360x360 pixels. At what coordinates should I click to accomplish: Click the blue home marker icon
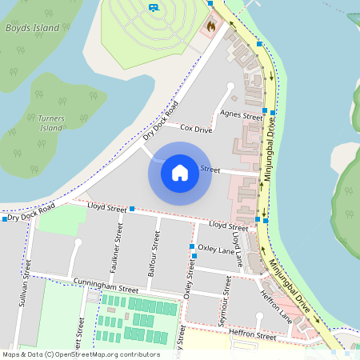pyautogui.click(x=180, y=173)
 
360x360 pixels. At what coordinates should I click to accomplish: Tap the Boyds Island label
pyautogui.click(x=33, y=27)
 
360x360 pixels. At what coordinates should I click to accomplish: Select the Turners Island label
pyautogui.click(x=50, y=122)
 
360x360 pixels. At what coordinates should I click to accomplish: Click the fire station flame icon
pyautogui.click(x=211, y=26)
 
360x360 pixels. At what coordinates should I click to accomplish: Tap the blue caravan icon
pyautogui.click(x=153, y=7)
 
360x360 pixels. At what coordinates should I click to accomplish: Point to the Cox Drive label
pyautogui.click(x=196, y=128)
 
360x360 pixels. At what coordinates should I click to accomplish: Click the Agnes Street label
pyautogui.click(x=241, y=116)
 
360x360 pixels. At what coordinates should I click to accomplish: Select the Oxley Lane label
pyautogui.click(x=217, y=249)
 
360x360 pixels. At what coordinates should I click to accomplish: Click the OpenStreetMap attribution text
pyautogui.click(x=80, y=354)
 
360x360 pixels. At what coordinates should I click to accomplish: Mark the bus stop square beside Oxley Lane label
pyautogui.click(x=192, y=246)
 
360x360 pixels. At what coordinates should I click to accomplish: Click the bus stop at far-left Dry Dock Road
pyautogui.click(x=5, y=218)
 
